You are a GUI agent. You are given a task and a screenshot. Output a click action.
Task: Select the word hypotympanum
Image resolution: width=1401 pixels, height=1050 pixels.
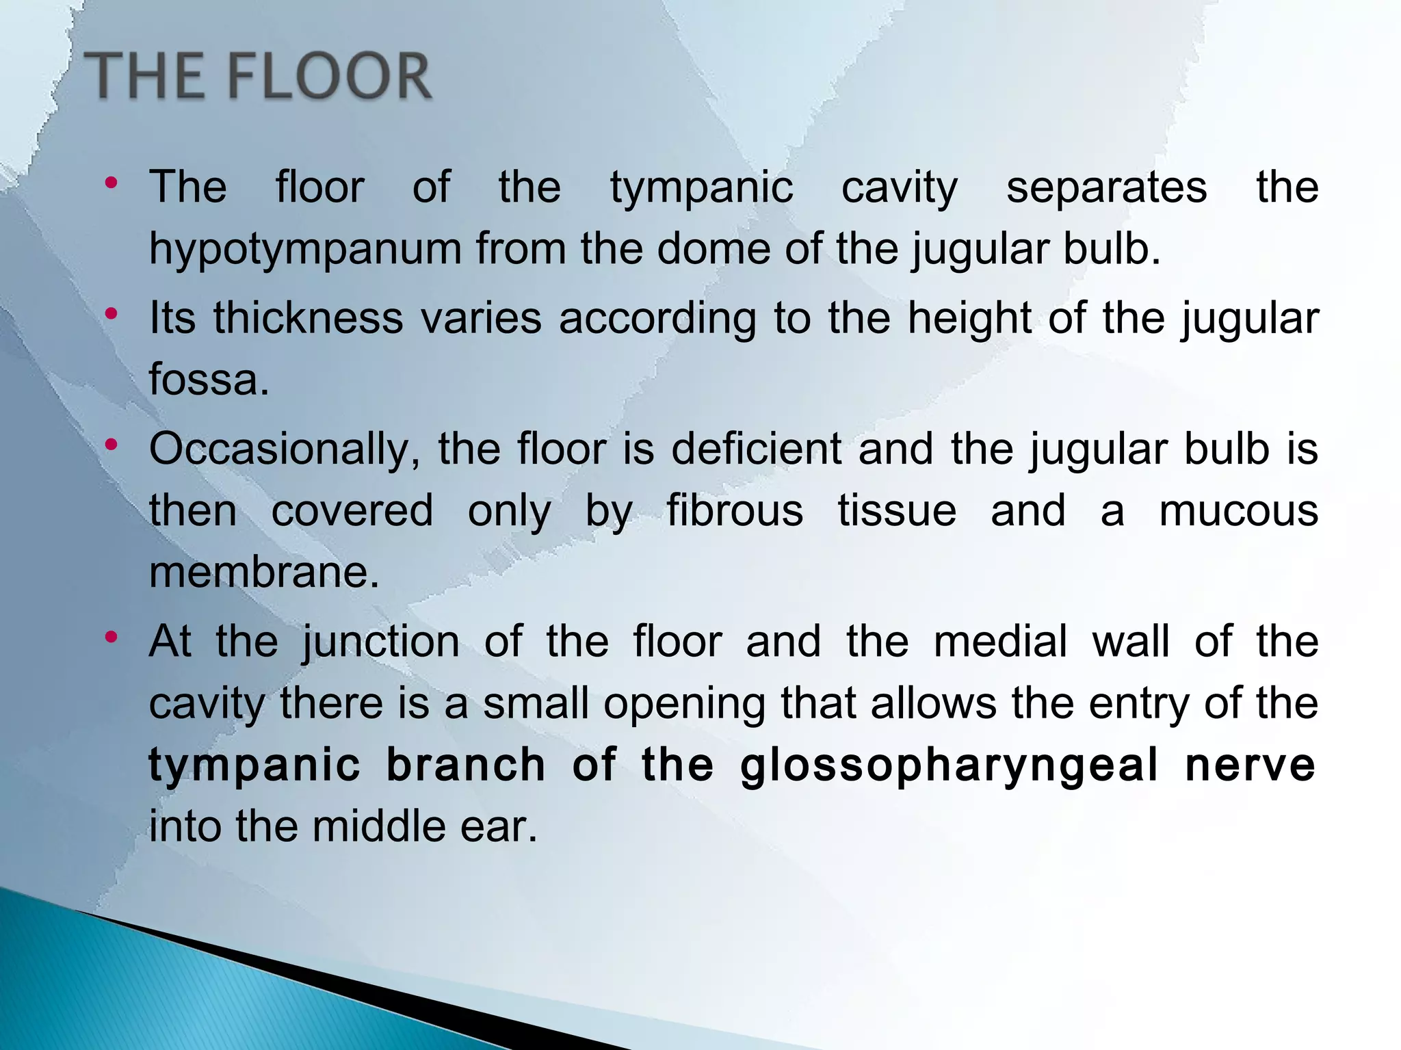coord(305,248)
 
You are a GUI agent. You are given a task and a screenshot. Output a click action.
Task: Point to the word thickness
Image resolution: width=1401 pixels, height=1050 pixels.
coord(308,318)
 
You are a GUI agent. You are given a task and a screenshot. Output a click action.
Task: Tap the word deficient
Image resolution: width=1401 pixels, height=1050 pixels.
coord(756,449)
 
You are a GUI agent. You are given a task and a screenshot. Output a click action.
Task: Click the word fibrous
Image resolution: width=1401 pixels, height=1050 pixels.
coord(735,510)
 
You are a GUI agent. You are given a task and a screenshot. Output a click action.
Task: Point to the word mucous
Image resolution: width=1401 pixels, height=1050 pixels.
coord(1238,510)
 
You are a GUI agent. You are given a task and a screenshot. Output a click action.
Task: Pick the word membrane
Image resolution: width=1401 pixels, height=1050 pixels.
coord(264,572)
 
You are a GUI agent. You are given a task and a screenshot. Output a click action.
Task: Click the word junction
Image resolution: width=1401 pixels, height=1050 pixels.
coord(381,642)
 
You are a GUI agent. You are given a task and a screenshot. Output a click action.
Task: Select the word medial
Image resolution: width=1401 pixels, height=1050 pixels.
coord(1000,642)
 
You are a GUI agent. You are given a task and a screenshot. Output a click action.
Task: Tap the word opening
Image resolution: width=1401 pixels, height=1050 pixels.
coord(684,703)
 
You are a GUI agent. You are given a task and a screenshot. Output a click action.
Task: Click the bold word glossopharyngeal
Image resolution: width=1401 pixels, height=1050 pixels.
coord(950,765)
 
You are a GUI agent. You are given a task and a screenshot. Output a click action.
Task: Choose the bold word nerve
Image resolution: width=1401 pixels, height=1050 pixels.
coord(1250,765)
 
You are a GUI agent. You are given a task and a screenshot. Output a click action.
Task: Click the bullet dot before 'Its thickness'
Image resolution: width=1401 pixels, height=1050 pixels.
coord(112,314)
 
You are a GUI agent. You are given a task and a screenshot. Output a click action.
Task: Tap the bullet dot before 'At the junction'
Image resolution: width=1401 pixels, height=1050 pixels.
coord(112,638)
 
